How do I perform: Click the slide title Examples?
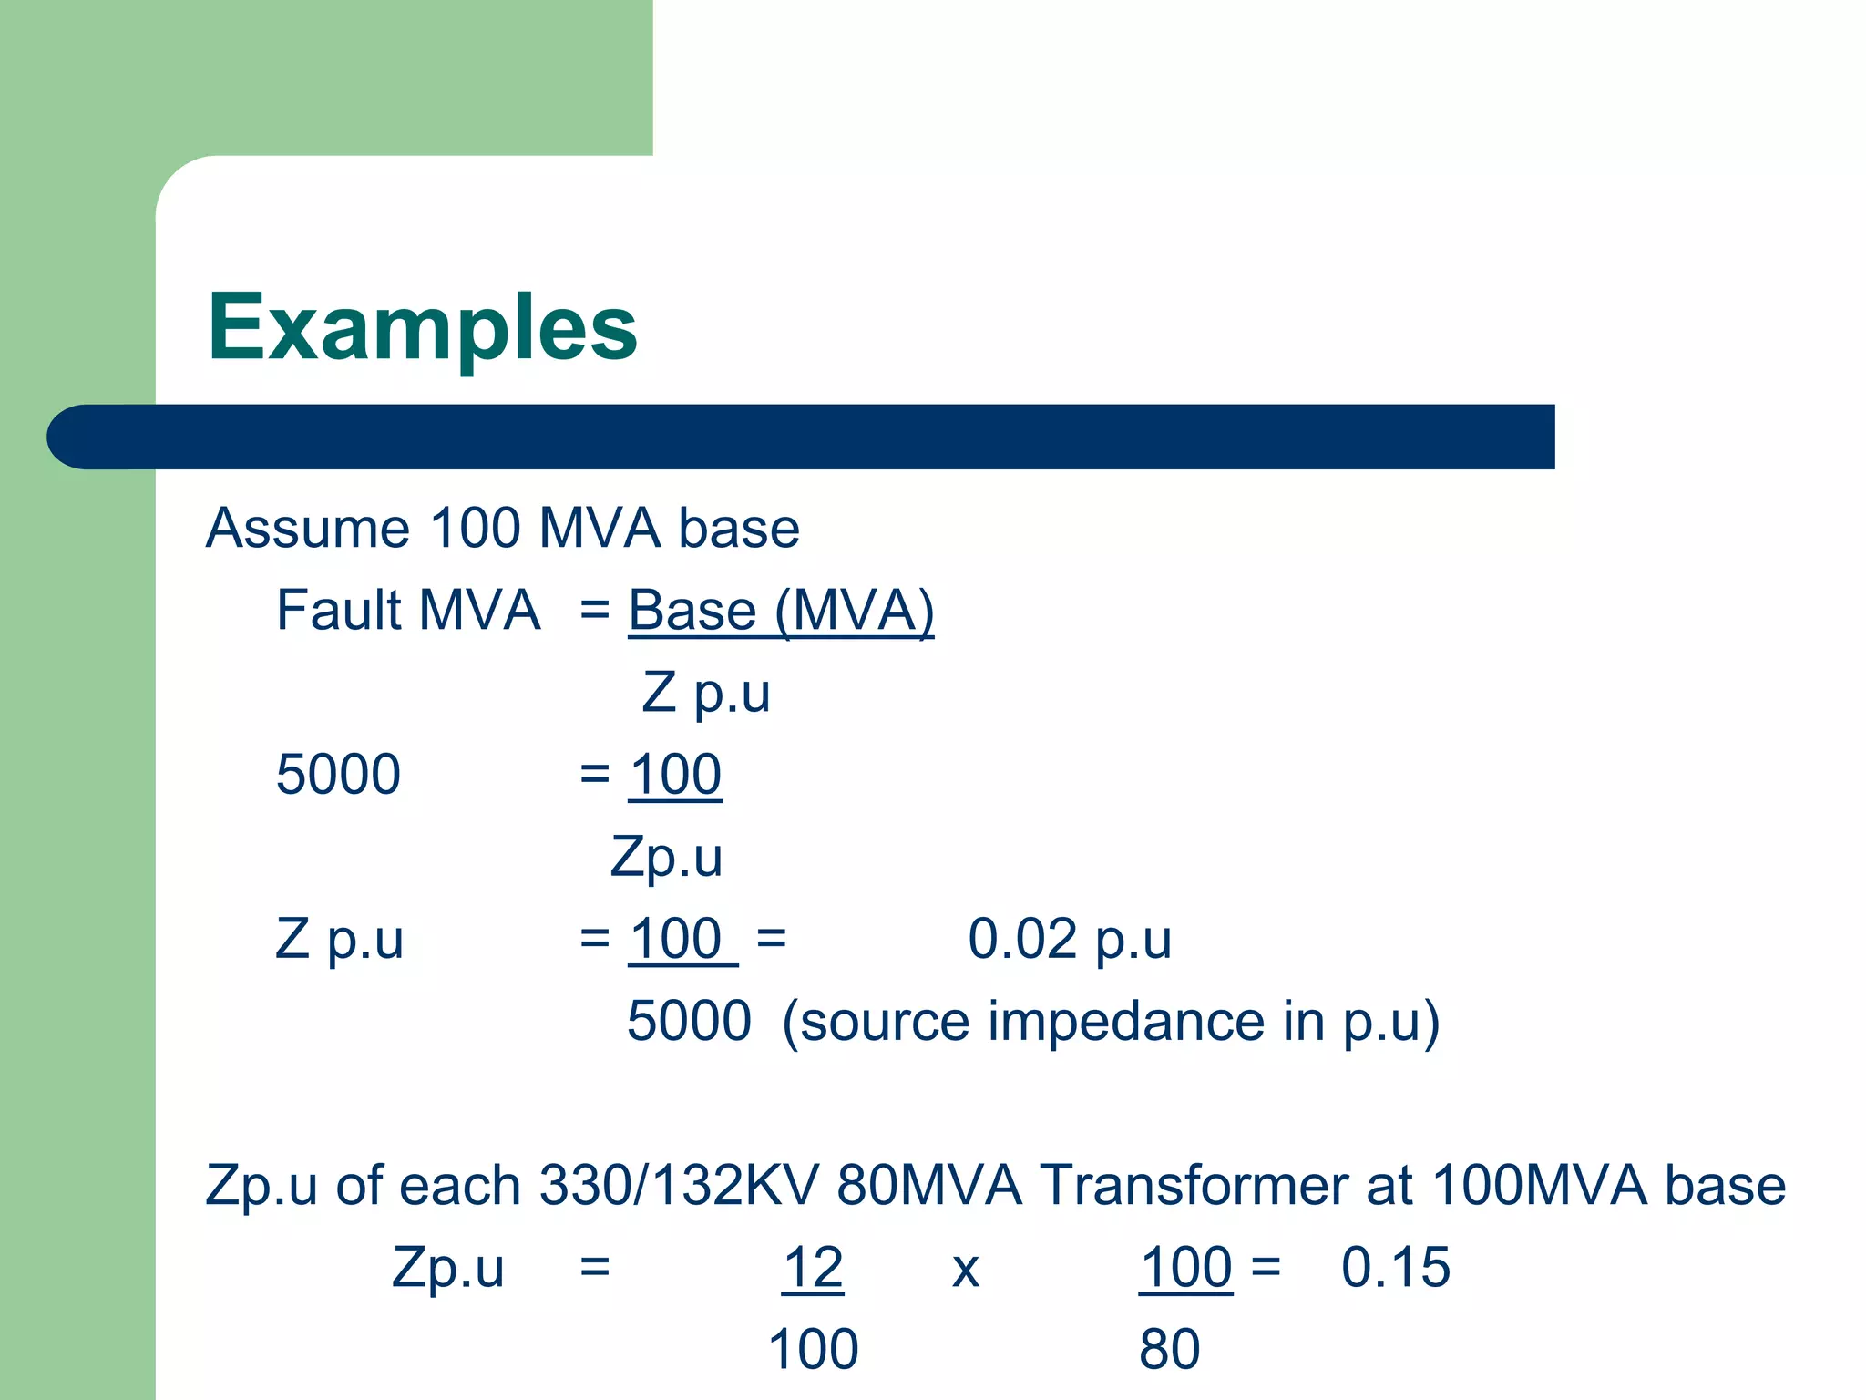pyautogui.click(x=422, y=328)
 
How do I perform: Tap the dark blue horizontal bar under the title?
pyautogui.click(x=802, y=437)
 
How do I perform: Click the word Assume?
pyautogui.click(x=307, y=528)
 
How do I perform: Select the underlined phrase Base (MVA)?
pyautogui.click(x=781, y=610)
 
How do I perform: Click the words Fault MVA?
pyautogui.click(x=407, y=610)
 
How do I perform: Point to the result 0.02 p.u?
pyautogui.click(x=1069, y=939)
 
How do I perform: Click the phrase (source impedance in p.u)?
pyautogui.click(x=1111, y=1021)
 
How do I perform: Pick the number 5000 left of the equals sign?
pyautogui.click(x=338, y=775)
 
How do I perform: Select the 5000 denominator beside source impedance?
pyautogui.click(x=689, y=1021)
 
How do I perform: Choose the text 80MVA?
pyautogui.click(x=928, y=1185)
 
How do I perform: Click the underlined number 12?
pyautogui.click(x=813, y=1267)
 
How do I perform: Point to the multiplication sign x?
pyautogui.click(x=965, y=1269)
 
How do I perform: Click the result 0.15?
pyautogui.click(x=1395, y=1267)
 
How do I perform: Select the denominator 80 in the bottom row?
pyautogui.click(x=1169, y=1349)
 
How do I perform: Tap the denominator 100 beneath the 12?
pyautogui.click(x=813, y=1349)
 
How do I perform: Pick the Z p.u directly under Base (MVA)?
pyautogui.click(x=706, y=693)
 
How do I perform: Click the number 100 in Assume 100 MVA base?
pyautogui.click(x=474, y=528)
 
